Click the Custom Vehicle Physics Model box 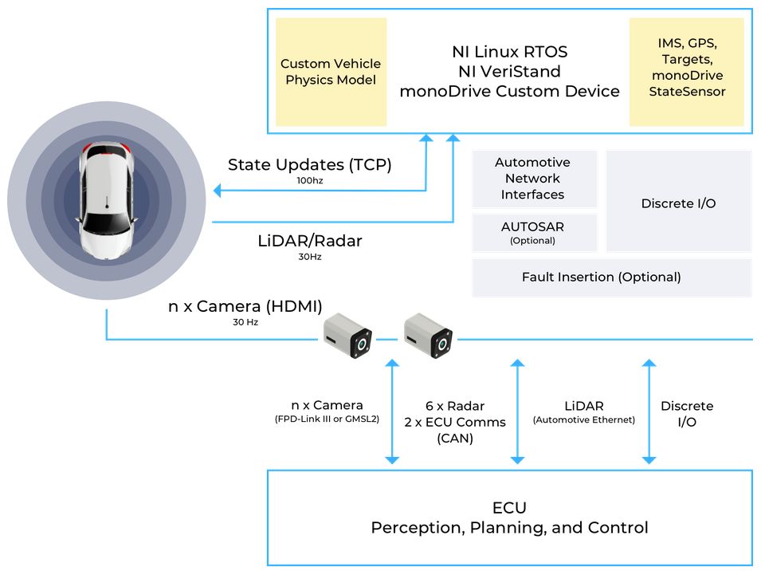click(x=331, y=72)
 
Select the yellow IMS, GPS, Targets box click(x=687, y=72)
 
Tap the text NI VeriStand click(x=510, y=72)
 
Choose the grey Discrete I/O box click(x=678, y=201)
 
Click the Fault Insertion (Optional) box click(x=611, y=278)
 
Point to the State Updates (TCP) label click(x=310, y=165)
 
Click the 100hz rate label click(x=310, y=180)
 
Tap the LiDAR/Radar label click(x=310, y=241)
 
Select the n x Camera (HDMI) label click(x=245, y=306)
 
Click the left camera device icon click(x=347, y=336)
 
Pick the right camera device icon click(x=428, y=336)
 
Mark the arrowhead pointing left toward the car click(x=218, y=191)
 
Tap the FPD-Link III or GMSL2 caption click(x=328, y=419)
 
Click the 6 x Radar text click(x=455, y=406)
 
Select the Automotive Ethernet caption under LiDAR click(x=584, y=420)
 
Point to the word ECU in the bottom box click(x=510, y=508)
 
